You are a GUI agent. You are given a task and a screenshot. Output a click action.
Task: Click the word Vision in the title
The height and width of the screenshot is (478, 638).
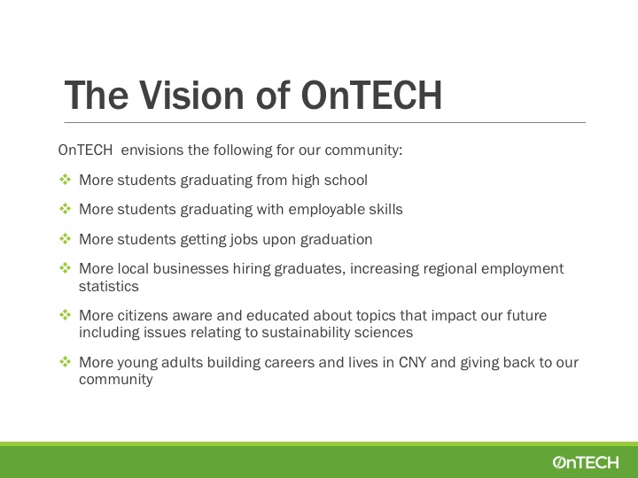click(x=192, y=95)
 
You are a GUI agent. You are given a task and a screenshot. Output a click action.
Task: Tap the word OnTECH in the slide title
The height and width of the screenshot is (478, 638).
click(x=371, y=95)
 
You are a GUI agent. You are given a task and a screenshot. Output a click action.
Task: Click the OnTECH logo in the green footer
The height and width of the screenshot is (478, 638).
click(x=586, y=462)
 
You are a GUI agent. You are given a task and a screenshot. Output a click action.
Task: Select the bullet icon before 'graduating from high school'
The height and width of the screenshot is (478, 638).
click(x=65, y=179)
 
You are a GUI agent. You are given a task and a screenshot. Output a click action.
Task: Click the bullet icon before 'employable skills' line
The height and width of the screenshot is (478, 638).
click(x=65, y=209)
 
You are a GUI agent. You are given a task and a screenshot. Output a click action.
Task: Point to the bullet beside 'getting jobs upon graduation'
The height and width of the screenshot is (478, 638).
click(x=65, y=239)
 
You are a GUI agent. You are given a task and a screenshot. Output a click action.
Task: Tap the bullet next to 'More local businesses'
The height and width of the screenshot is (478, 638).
click(x=65, y=268)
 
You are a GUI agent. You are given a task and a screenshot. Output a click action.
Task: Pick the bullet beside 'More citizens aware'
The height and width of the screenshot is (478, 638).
click(x=65, y=314)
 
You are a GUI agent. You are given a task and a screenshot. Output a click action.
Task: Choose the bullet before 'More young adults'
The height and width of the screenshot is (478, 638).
click(x=65, y=361)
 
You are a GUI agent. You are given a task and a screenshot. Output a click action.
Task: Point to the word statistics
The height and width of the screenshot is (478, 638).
click(x=109, y=286)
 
